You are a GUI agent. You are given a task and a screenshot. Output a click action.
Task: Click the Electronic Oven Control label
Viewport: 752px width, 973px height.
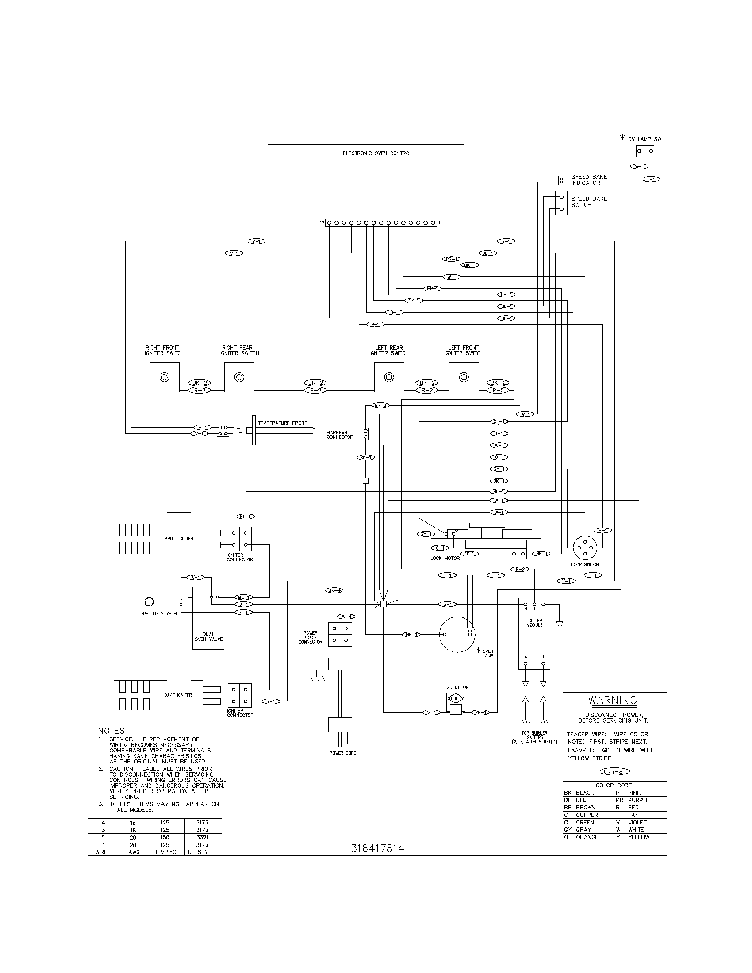click(x=377, y=153)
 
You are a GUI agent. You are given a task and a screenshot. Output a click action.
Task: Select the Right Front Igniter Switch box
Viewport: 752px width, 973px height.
click(x=165, y=377)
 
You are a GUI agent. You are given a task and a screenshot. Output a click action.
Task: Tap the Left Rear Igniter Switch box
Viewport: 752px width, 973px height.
click(x=389, y=377)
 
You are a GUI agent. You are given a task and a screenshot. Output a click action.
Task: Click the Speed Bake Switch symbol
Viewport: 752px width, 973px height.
click(x=561, y=203)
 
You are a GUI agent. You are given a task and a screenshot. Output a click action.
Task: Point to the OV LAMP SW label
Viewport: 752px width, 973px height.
click(x=645, y=139)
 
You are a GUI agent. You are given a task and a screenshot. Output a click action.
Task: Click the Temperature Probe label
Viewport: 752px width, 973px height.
click(x=283, y=423)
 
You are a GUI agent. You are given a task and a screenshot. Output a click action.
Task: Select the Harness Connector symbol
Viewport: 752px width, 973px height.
click(x=366, y=434)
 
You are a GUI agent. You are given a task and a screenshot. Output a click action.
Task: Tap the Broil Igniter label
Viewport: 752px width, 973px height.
click(x=179, y=539)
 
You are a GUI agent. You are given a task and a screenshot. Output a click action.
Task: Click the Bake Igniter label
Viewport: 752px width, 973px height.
click(x=178, y=695)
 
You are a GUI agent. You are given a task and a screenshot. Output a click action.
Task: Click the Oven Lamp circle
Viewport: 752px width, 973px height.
click(x=457, y=634)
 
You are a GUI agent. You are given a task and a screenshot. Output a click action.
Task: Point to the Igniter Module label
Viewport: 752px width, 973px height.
click(x=534, y=622)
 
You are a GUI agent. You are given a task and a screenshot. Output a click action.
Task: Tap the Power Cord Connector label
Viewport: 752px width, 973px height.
click(x=310, y=637)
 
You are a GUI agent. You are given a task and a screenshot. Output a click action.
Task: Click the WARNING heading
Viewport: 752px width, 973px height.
click(x=613, y=700)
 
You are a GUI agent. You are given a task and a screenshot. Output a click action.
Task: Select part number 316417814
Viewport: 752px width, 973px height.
click(x=377, y=848)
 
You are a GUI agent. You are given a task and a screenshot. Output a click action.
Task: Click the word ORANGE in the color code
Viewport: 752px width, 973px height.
click(x=587, y=837)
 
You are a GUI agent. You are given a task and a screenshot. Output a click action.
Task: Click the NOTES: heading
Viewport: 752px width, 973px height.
click(x=112, y=731)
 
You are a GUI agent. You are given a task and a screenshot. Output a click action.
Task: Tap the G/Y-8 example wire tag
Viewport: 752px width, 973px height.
click(x=614, y=771)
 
